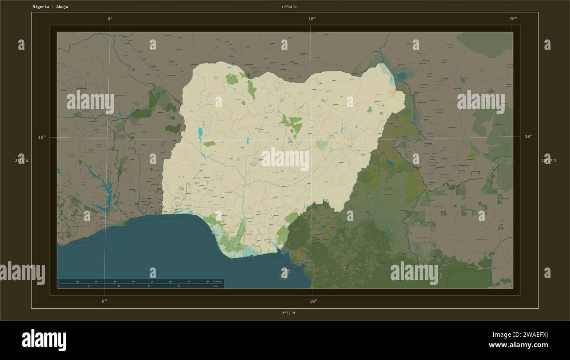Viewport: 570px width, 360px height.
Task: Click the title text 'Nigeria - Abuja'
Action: [50, 7]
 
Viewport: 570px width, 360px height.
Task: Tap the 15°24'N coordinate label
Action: [289, 7]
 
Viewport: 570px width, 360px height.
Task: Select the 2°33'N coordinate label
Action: [289, 313]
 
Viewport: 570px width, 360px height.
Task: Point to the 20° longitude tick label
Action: [513, 18]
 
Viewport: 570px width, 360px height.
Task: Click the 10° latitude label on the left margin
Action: [42, 137]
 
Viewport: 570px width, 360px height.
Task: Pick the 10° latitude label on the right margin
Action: [529, 136]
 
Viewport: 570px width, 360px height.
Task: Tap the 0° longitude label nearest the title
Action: [110, 18]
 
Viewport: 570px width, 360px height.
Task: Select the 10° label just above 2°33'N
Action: [313, 301]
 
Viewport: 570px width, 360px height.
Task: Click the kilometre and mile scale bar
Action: [140, 283]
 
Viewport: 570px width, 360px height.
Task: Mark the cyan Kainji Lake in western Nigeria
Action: [201, 132]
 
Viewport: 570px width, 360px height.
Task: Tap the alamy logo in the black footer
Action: [44, 340]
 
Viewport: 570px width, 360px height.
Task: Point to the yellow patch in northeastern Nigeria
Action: [391, 93]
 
